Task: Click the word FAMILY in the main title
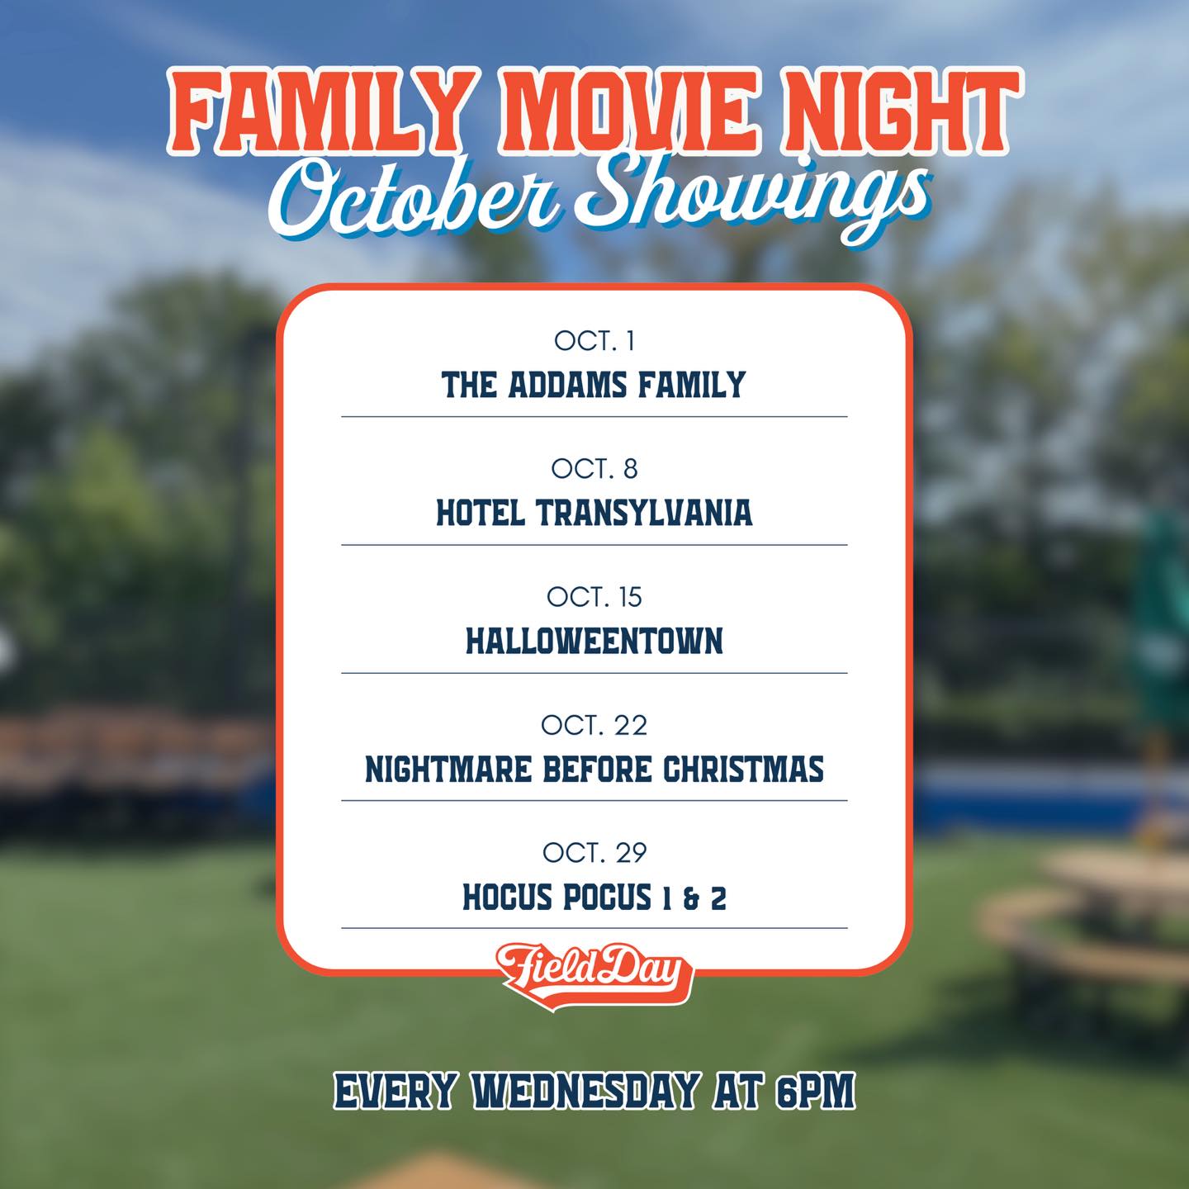coord(318,113)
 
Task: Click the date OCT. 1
coord(594,340)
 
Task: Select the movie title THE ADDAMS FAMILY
coord(594,385)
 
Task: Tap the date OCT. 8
coord(594,468)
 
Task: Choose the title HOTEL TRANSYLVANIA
coord(594,513)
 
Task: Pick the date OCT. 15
coord(594,596)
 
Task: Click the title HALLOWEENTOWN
coord(594,641)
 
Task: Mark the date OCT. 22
coord(594,725)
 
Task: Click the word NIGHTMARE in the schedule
coord(448,770)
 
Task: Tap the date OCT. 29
coord(594,852)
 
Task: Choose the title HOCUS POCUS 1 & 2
coord(594,898)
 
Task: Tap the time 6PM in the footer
coord(815,1092)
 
